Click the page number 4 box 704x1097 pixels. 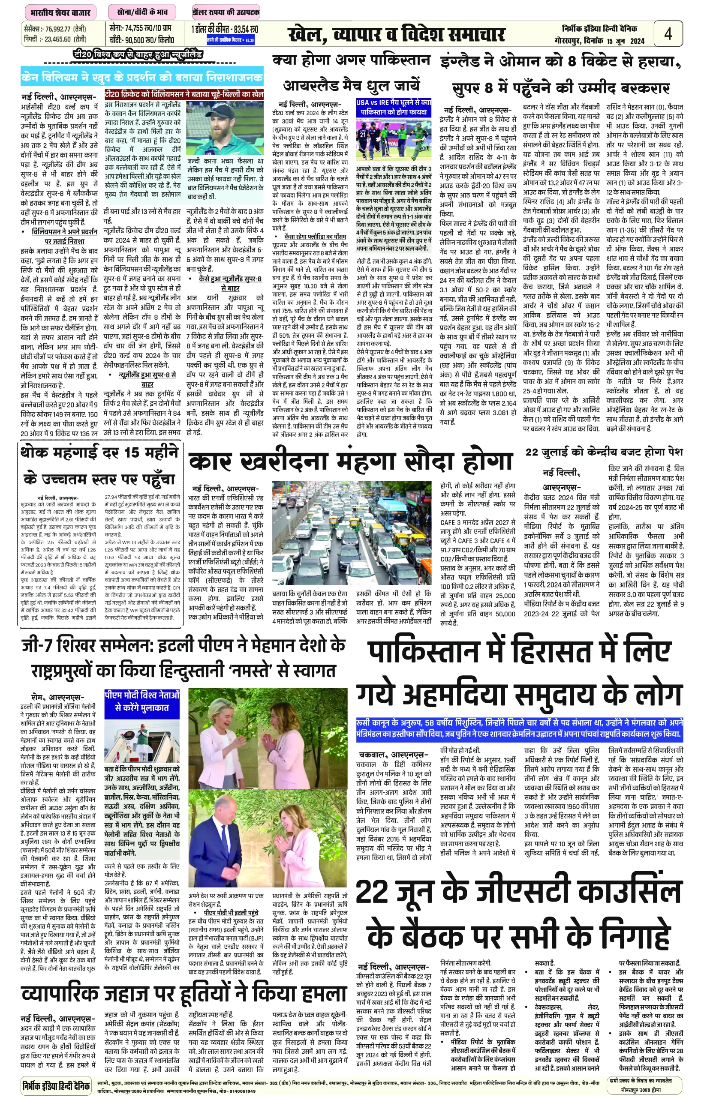click(668, 33)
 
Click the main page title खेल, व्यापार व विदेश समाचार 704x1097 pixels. click(396, 35)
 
